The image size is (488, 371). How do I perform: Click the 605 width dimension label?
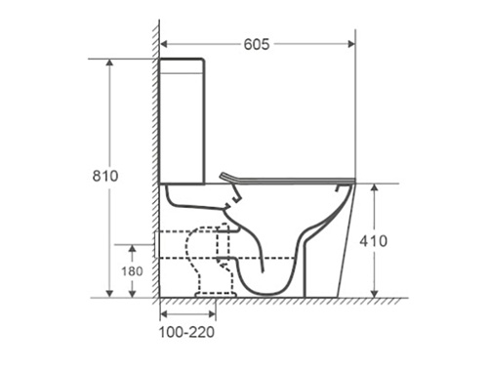[x=257, y=44]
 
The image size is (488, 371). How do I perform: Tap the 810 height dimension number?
[x=105, y=176]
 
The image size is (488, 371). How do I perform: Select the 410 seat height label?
[x=374, y=241]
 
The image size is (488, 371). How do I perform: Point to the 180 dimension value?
[x=132, y=271]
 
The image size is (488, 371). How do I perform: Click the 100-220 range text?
[x=186, y=332]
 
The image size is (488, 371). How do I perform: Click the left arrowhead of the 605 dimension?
[x=164, y=44]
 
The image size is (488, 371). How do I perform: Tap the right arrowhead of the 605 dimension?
[x=351, y=44]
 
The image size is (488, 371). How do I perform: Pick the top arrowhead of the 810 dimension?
[x=110, y=62]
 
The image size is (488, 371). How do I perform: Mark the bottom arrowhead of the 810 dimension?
[x=110, y=294]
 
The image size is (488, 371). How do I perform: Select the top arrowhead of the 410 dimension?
[x=375, y=187]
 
